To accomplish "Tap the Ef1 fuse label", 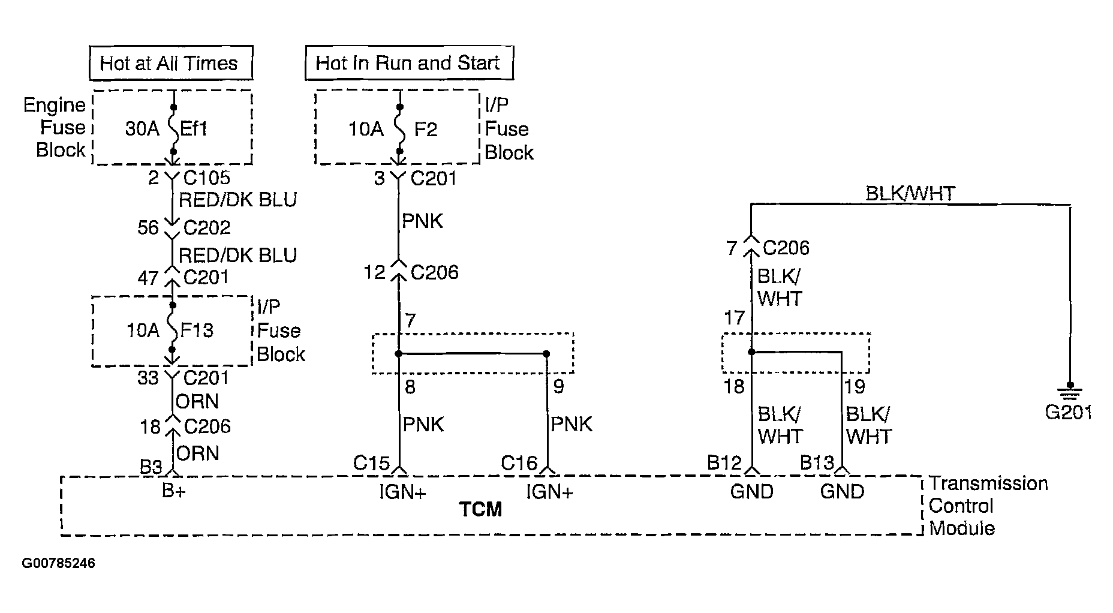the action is [193, 129].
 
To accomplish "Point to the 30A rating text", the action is [142, 129].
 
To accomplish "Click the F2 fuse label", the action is [425, 129].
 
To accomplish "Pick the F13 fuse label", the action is [197, 330].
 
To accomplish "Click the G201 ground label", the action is [1069, 413].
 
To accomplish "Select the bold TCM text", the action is [480, 509].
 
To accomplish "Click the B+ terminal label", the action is [173, 491].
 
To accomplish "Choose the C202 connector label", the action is [207, 227].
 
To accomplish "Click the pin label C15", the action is [371, 463].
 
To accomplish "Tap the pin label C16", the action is [519, 463].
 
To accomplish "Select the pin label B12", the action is [724, 463].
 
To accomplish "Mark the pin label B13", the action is [817, 463].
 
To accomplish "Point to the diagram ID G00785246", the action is [58, 564].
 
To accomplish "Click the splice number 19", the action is [855, 387].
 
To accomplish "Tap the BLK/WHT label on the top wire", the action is [910, 193].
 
